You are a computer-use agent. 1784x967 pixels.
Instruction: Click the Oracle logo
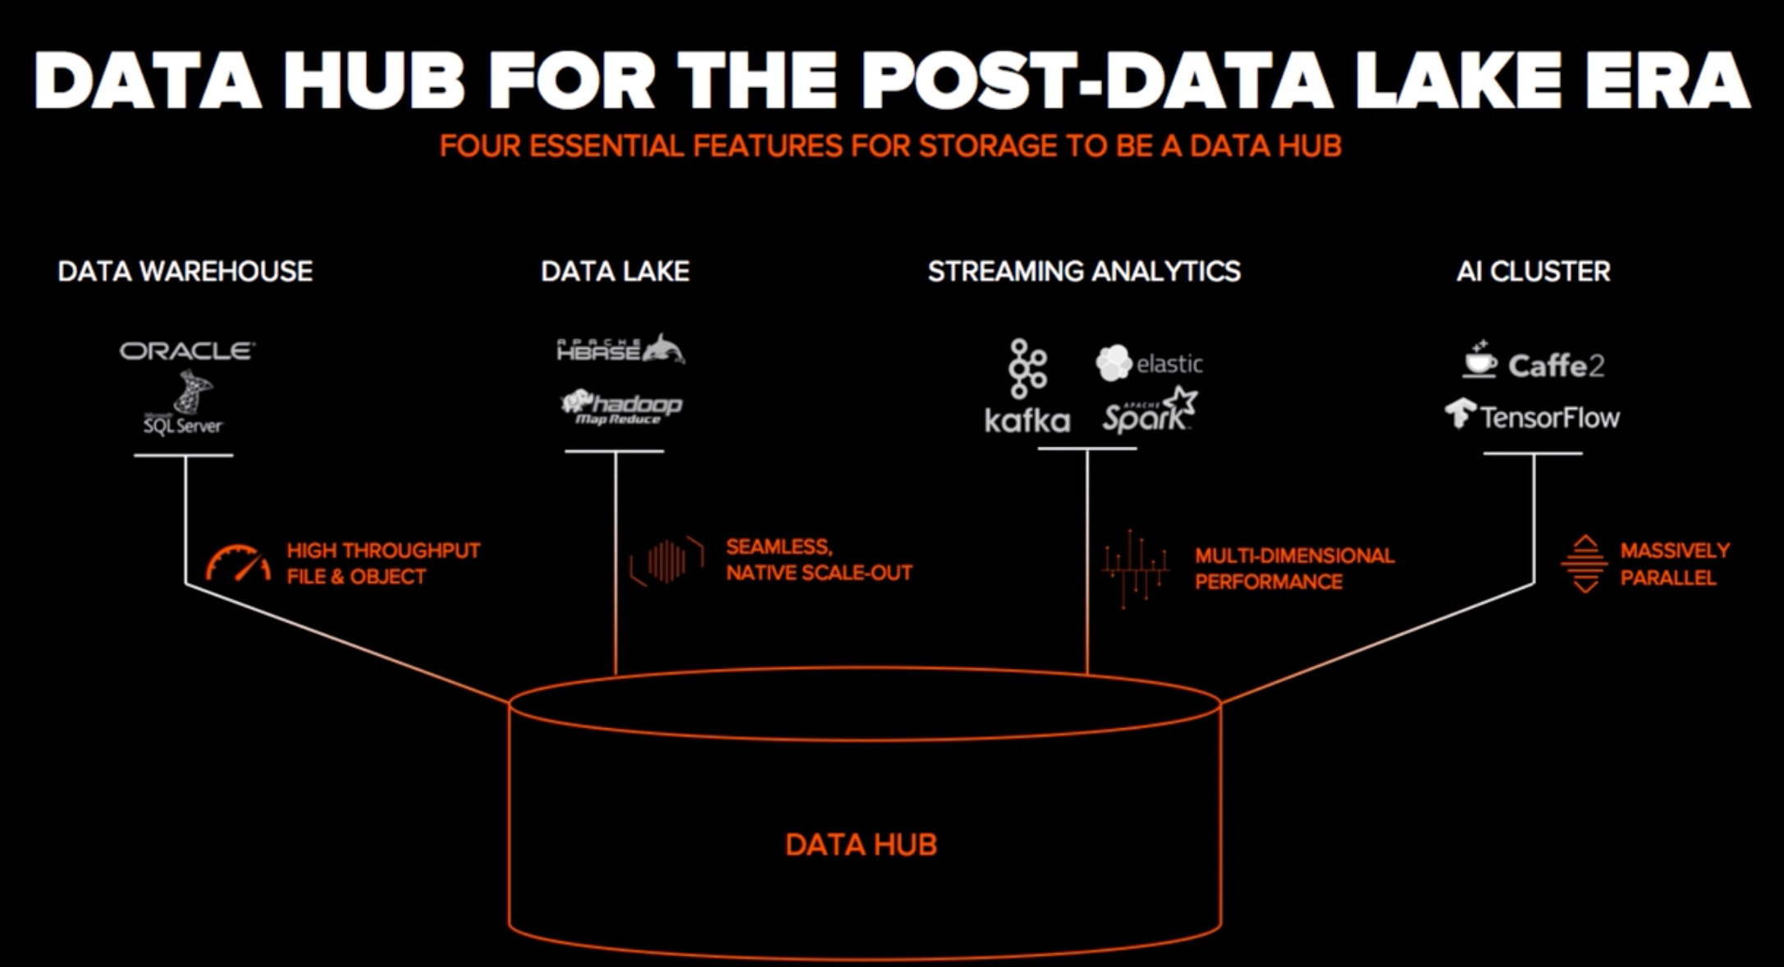(x=187, y=351)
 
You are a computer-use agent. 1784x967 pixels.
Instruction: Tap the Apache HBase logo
(x=620, y=350)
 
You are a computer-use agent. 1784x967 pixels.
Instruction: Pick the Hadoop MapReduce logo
(x=621, y=407)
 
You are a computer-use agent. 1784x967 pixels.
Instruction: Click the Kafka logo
(x=1027, y=387)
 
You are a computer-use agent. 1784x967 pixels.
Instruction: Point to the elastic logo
(x=1149, y=363)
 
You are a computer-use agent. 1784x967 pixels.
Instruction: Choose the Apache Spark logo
(x=1149, y=410)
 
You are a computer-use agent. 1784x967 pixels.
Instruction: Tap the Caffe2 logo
(x=1533, y=363)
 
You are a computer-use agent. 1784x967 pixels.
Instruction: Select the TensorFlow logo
(x=1533, y=415)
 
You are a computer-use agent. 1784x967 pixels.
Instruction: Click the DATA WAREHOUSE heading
(x=185, y=272)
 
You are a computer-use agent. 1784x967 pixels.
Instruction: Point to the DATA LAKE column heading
(x=615, y=272)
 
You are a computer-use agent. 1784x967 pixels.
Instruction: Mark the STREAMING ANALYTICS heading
(x=1084, y=272)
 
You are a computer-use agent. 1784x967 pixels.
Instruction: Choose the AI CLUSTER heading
(x=1533, y=272)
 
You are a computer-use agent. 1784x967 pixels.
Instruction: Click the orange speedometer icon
(x=238, y=563)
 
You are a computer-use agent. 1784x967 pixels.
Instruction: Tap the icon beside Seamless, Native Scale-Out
(x=667, y=561)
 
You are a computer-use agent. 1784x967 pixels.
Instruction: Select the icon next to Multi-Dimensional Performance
(x=1136, y=568)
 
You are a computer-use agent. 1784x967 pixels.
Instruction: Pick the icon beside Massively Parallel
(x=1585, y=563)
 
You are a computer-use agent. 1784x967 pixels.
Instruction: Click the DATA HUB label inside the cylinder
(x=861, y=845)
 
